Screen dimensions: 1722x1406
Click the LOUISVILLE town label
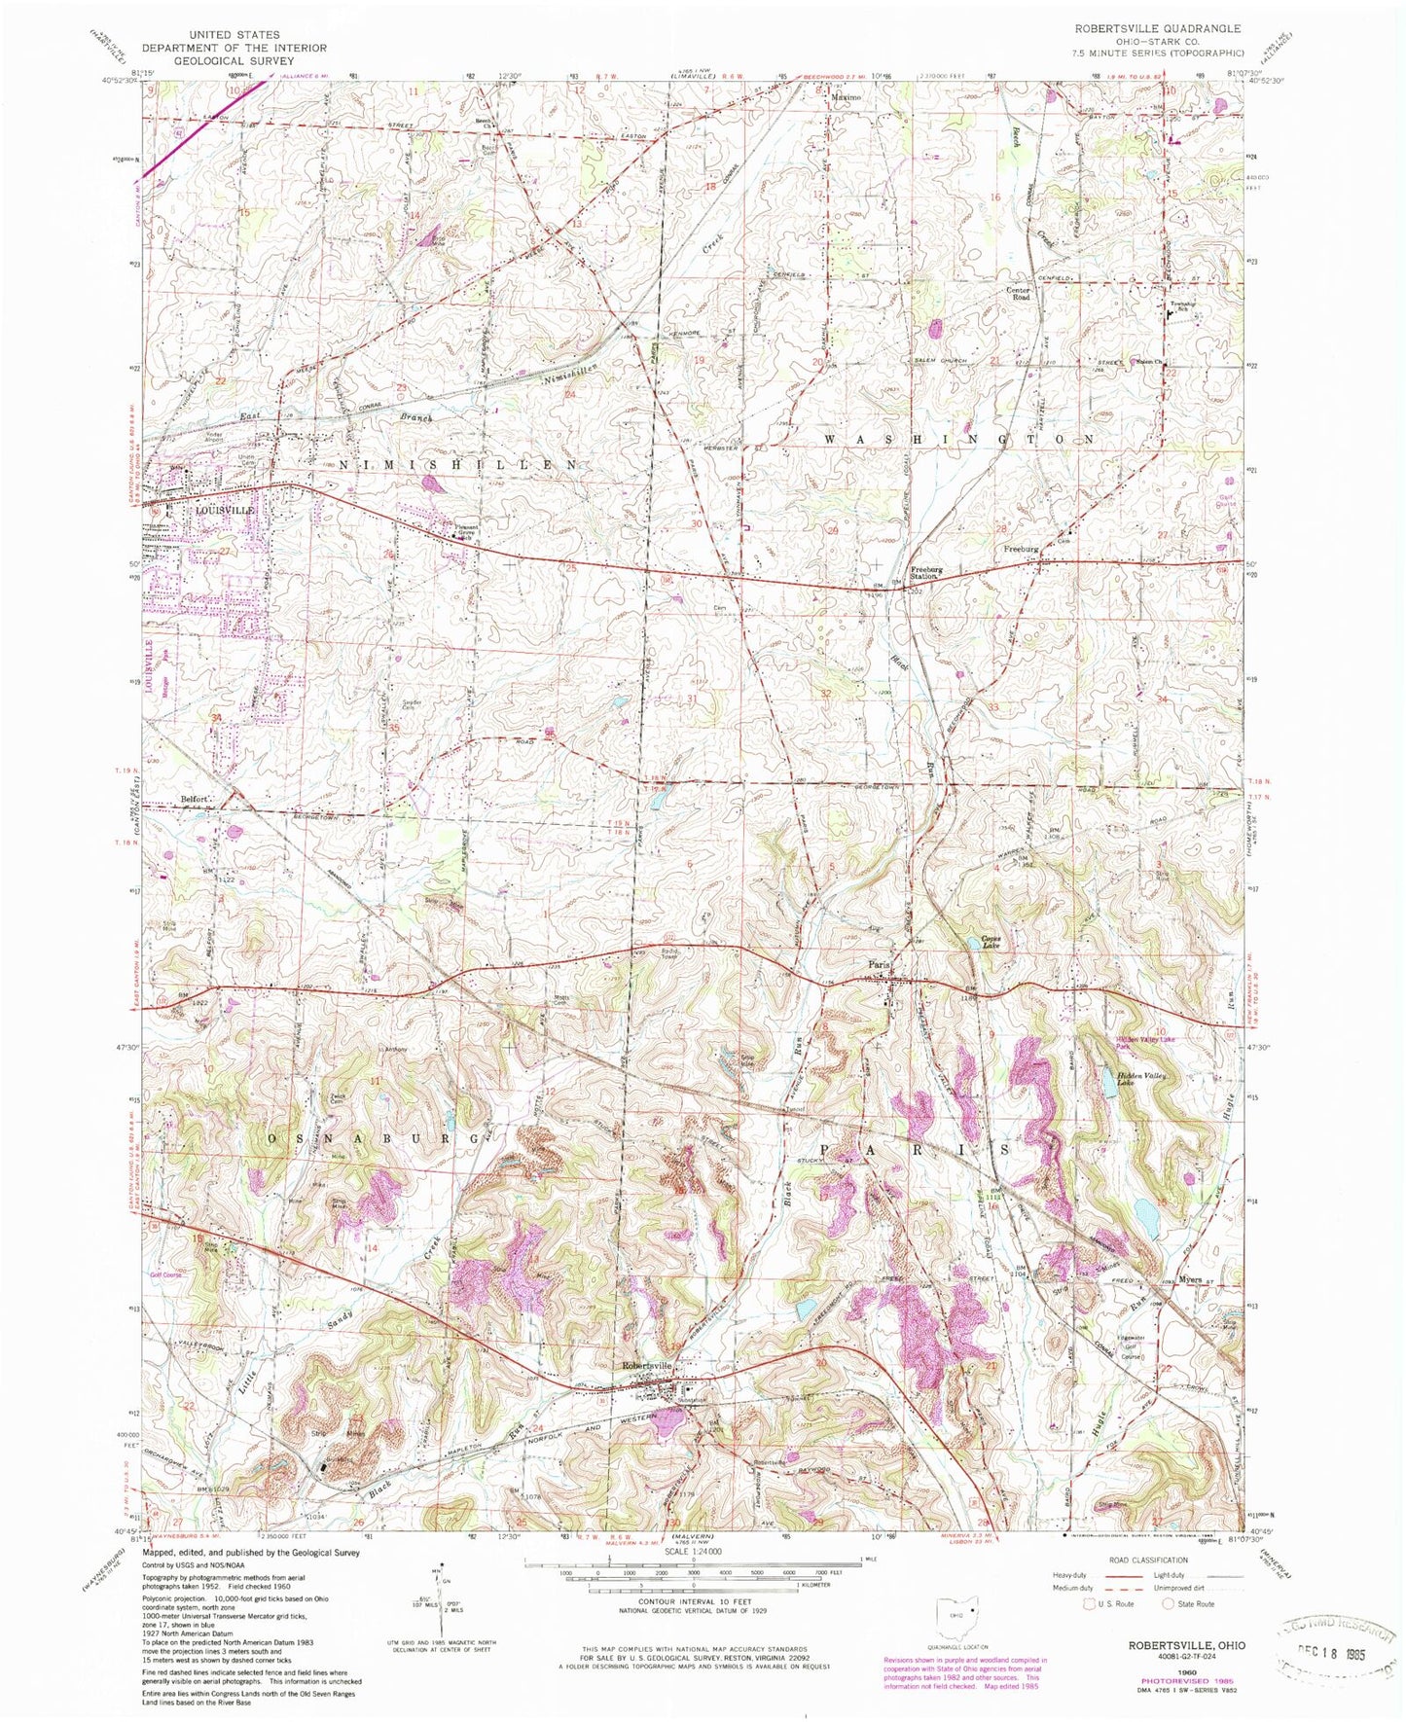[x=225, y=510]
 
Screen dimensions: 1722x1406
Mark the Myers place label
[x=1192, y=1279]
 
